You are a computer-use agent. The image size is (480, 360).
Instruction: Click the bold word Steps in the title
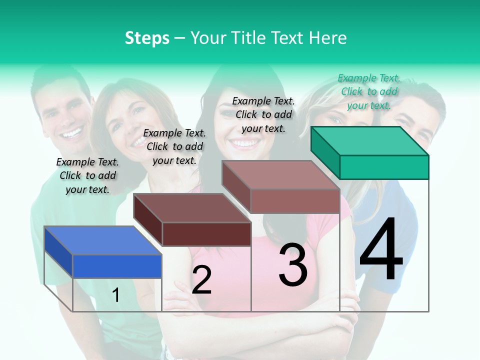tap(147, 38)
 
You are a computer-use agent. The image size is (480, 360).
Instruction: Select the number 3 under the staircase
tap(293, 264)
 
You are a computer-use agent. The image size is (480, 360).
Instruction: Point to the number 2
tap(201, 280)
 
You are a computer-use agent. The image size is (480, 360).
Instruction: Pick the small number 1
tap(116, 295)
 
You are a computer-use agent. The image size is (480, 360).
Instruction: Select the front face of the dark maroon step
tap(206, 234)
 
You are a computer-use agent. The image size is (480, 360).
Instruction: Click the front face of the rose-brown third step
tap(295, 201)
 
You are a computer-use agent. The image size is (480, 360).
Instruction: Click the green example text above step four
tap(369, 91)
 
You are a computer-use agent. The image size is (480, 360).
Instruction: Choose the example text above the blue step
tap(87, 175)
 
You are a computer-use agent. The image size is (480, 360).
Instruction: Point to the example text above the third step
tap(263, 114)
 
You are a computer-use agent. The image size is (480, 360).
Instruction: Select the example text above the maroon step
tap(174, 146)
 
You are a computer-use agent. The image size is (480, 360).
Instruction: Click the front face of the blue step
tap(117, 266)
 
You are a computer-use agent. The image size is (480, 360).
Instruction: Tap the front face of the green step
tap(384, 167)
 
